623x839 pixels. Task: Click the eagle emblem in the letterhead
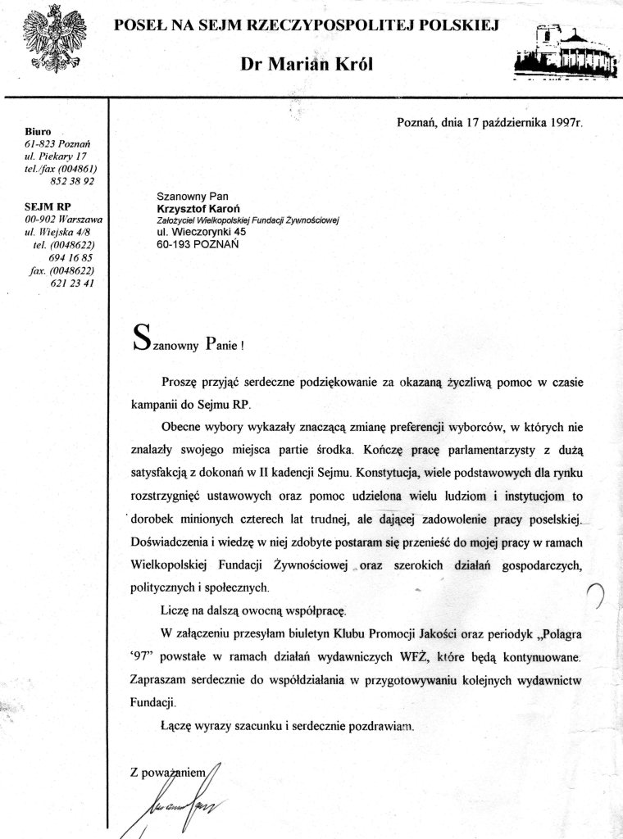(x=55, y=42)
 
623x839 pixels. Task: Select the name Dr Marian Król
(x=307, y=66)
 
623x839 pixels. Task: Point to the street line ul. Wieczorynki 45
(x=201, y=233)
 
